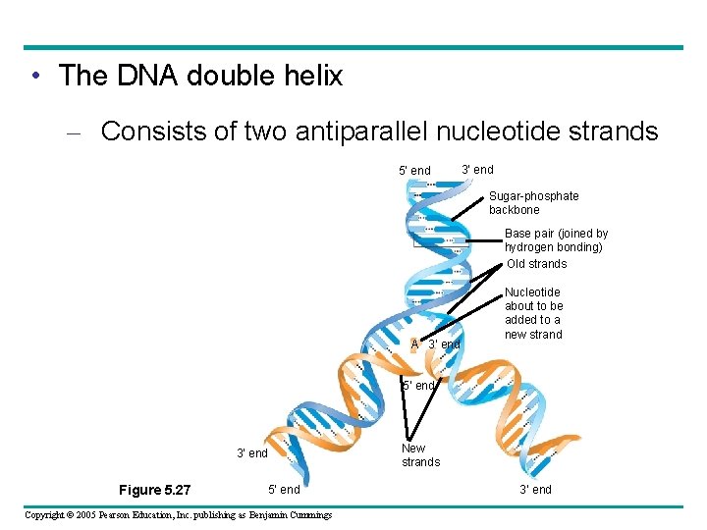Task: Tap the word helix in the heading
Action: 311,76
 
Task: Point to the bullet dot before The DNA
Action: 34,77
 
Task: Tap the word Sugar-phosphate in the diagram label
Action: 534,196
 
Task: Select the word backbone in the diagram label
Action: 515,210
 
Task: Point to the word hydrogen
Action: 535,247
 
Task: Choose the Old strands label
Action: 537,263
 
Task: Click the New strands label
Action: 420,455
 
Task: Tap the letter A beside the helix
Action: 415,344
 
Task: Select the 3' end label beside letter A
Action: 444,344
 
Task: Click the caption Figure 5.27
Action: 154,490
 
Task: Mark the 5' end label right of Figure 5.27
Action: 284,489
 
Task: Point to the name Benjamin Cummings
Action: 291,514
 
